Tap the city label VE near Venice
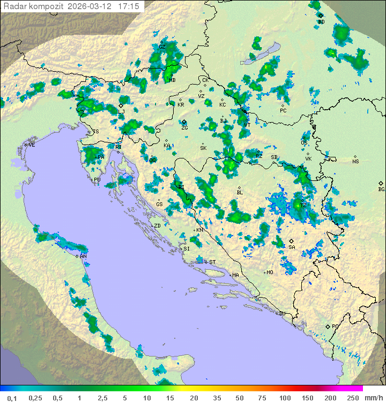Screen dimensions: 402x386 (x=32, y=145)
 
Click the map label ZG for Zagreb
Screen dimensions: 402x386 (x=184, y=127)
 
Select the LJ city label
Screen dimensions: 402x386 (x=122, y=111)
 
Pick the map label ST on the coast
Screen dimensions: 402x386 (x=212, y=262)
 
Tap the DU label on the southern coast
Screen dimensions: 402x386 (x=281, y=314)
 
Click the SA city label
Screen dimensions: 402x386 (x=292, y=247)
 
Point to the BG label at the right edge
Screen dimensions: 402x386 (x=381, y=189)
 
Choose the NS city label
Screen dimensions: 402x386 (x=355, y=162)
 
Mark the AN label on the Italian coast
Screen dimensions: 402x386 (x=83, y=256)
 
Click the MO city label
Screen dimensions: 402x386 (x=270, y=272)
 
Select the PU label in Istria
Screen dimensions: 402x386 (x=97, y=180)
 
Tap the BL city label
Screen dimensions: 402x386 (x=240, y=192)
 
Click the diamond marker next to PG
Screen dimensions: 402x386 (x=328, y=326)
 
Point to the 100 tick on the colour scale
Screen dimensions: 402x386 (x=285, y=398)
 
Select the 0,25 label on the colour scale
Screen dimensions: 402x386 (x=35, y=398)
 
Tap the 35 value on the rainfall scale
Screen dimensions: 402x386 (x=217, y=398)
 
